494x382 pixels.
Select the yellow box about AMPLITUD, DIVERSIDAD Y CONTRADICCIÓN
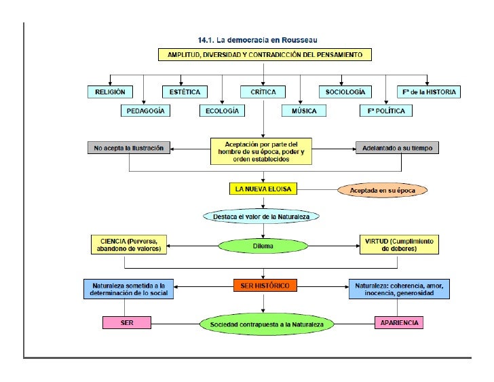coord(261,54)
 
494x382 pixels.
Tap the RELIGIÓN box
coord(110,91)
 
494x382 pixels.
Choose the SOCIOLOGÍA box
coord(345,91)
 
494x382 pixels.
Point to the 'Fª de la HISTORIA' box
coord(429,91)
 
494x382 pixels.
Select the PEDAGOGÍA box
coord(145,111)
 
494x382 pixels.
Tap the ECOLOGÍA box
coord(222,111)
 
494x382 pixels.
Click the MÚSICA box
coord(303,111)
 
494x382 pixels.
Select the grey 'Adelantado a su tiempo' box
coord(398,149)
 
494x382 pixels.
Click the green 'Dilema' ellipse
coord(263,246)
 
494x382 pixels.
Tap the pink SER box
coord(127,322)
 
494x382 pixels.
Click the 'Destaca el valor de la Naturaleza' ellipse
coord(261,217)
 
